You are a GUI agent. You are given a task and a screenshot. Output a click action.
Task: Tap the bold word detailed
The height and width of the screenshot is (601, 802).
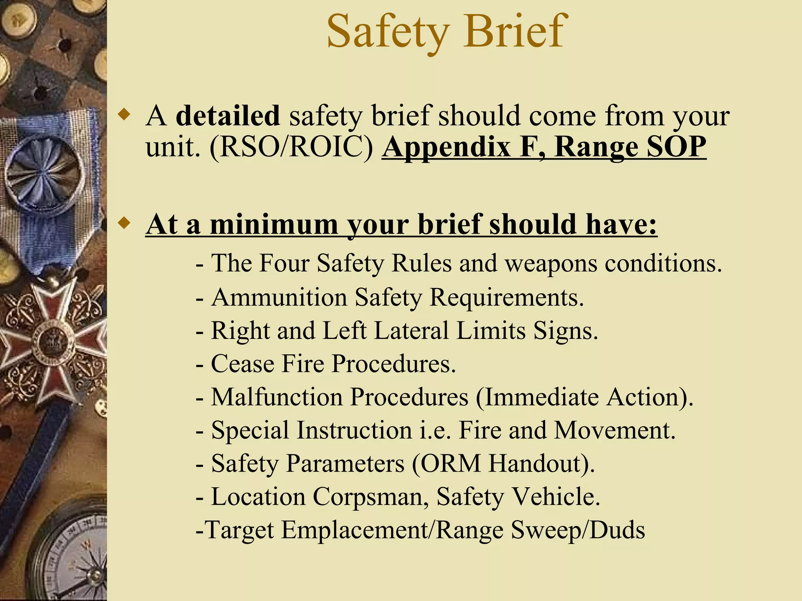click(228, 116)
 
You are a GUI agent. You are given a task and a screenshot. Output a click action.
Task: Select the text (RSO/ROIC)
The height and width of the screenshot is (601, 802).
click(292, 147)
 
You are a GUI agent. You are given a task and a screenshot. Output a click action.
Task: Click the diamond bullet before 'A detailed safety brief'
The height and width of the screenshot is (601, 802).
click(125, 115)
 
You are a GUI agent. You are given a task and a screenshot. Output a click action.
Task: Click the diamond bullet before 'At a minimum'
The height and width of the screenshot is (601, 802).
click(125, 223)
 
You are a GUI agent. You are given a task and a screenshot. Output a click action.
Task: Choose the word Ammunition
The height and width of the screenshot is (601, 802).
click(279, 297)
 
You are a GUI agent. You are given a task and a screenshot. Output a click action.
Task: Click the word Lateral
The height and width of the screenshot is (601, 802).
click(411, 331)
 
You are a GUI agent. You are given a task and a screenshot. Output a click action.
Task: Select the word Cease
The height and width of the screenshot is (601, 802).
click(242, 364)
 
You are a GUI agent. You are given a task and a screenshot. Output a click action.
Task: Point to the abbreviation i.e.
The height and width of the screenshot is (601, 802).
click(435, 430)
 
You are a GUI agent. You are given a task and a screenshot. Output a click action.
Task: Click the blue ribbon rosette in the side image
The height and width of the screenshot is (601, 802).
click(44, 172)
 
